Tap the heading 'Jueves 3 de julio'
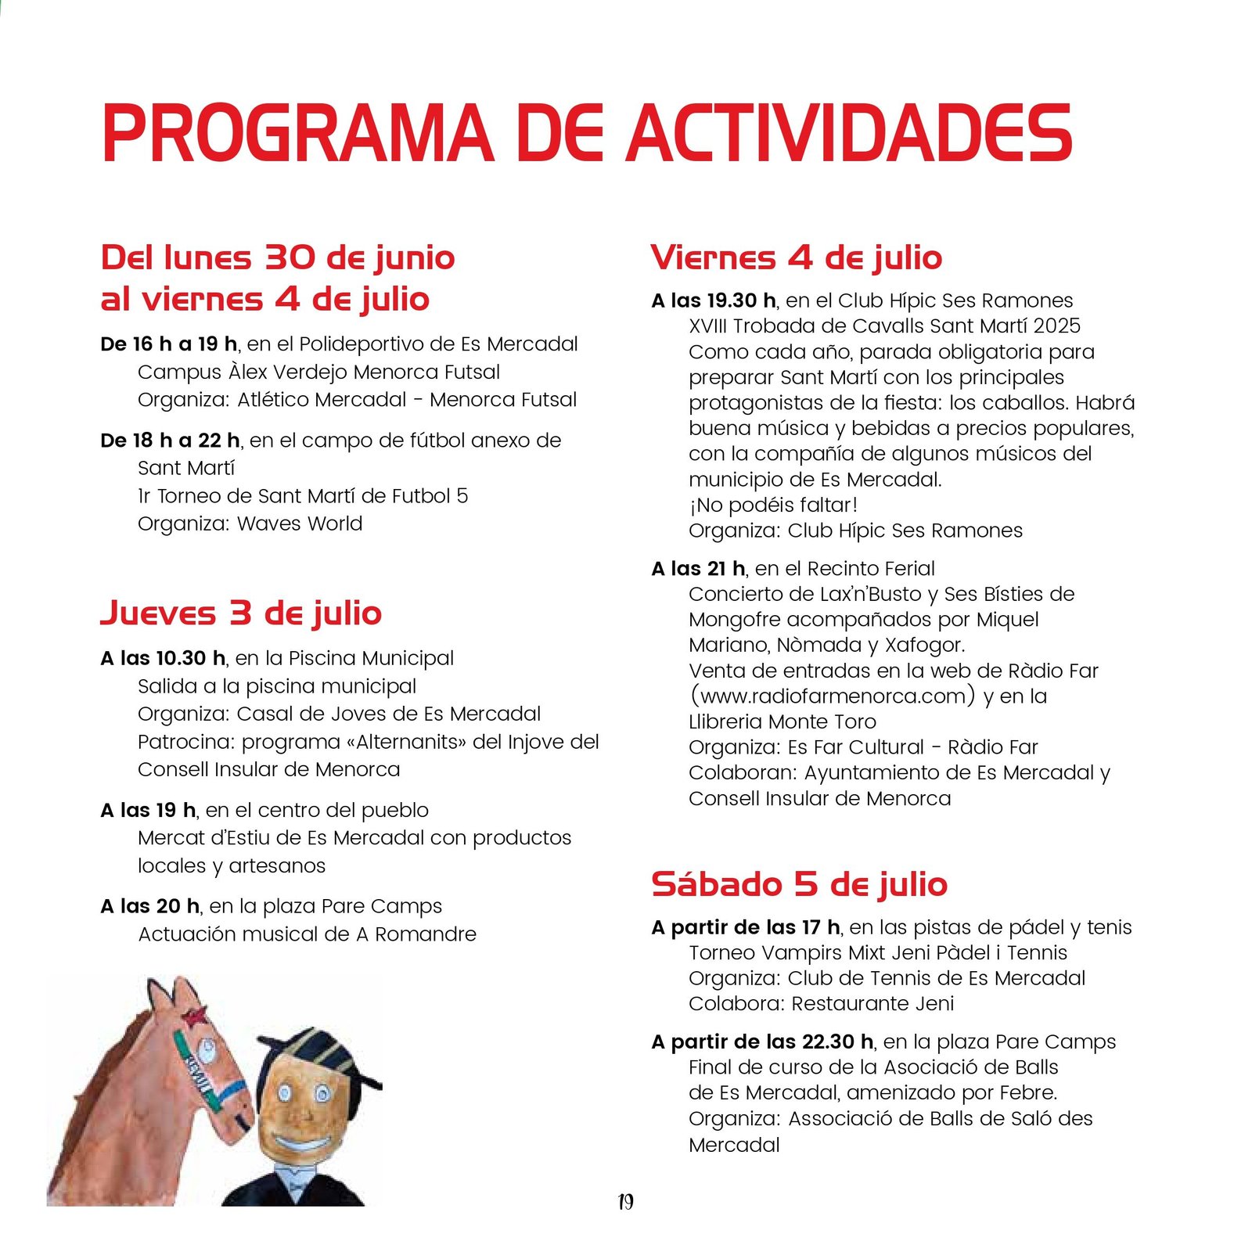pos(241,613)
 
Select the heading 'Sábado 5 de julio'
pos(799,884)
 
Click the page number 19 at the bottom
pos(625,1202)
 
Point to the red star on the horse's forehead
pos(193,1016)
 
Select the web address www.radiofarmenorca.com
pos(833,696)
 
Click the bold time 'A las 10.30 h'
pos(163,658)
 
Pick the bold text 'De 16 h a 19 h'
pos(169,344)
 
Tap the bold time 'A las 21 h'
pos(698,569)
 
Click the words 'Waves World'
pos(300,523)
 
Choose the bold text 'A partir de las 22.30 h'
pos(762,1042)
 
